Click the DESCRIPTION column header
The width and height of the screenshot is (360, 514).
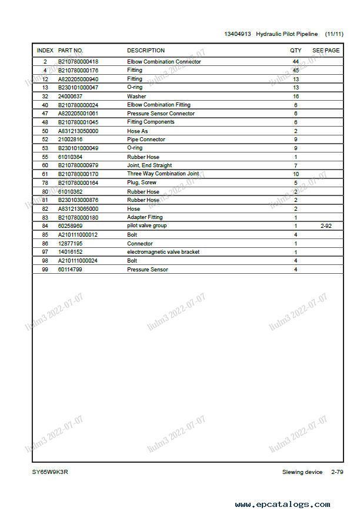146,51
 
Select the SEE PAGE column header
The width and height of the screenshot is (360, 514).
325,51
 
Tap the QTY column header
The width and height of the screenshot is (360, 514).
295,51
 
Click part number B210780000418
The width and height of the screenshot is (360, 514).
78,62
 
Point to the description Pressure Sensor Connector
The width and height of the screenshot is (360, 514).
161,114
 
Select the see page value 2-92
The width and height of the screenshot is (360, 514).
326,226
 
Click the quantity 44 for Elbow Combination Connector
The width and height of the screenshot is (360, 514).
295,62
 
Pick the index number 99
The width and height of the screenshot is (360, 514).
45,270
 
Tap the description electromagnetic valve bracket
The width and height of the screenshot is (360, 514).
163,252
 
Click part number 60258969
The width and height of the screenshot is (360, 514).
70,226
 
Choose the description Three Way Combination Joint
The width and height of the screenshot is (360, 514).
163,174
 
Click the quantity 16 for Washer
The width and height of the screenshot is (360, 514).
295,97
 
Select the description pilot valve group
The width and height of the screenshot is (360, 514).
146,226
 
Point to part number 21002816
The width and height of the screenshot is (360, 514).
70,140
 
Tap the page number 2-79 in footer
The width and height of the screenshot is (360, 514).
337,472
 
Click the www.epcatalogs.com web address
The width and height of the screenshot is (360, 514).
282,505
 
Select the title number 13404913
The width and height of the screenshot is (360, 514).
237,34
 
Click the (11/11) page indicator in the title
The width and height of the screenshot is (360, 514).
334,34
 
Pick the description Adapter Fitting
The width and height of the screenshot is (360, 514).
145,217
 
